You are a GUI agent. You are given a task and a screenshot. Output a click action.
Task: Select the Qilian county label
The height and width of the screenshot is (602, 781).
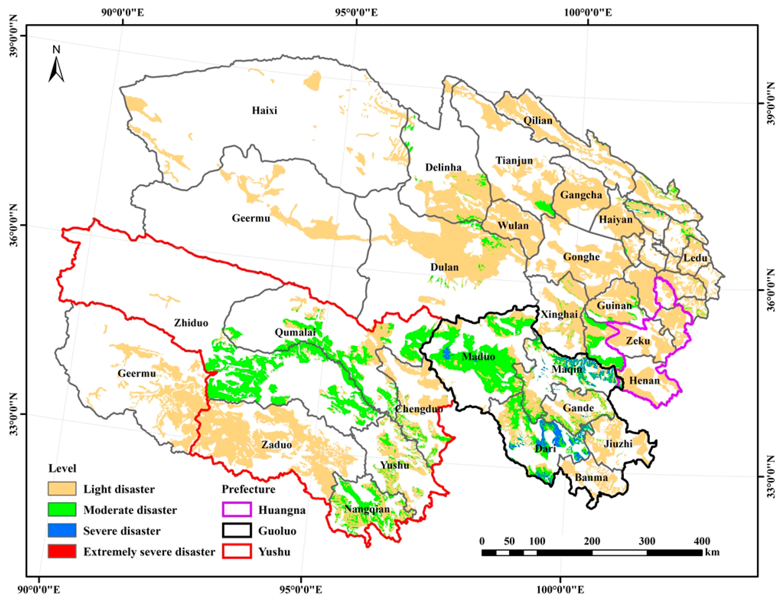coord(538,121)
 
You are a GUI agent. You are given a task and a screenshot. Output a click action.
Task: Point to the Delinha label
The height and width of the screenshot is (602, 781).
coord(443,167)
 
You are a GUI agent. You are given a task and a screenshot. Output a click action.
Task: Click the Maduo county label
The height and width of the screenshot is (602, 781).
coord(478,357)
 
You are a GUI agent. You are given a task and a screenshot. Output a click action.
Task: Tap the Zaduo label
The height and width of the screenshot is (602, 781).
coord(276,445)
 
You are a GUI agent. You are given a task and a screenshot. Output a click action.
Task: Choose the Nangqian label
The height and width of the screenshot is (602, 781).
coord(367,509)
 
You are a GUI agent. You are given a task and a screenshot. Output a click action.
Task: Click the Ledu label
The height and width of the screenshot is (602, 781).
coord(695,258)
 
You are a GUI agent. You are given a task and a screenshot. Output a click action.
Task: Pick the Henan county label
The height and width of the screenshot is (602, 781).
coord(644,380)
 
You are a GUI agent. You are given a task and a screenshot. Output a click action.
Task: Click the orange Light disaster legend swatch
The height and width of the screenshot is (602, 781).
coord(62,489)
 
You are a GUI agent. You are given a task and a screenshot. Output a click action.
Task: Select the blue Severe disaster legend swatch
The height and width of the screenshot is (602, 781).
coord(62,530)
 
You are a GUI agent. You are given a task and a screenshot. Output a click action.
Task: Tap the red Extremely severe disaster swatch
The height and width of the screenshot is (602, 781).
coord(62,551)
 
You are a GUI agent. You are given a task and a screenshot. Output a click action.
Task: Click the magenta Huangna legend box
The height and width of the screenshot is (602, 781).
coord(236,509)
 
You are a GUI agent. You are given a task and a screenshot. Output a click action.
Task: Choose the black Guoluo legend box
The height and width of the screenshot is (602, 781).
coord(236,530)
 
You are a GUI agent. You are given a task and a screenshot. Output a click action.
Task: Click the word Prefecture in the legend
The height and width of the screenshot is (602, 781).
coord(249,489)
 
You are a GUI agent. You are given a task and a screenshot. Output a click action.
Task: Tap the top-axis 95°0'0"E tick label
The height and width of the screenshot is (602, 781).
coord(357,13)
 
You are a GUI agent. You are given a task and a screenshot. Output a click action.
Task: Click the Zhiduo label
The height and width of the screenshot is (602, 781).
coord(191,323)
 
